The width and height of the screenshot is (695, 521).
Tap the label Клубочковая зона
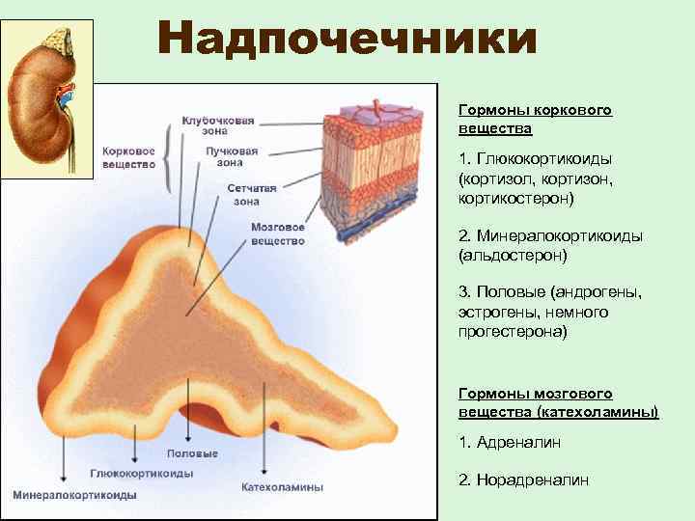(x=218, y=126)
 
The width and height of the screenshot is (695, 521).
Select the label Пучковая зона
(x=232, y=157)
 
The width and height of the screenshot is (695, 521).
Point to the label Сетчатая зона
(x=252, y=195)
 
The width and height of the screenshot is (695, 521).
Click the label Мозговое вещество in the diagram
(x=278, y=233)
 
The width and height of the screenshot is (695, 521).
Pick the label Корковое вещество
(x=128, y=158)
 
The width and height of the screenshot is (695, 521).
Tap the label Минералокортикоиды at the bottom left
(x=74, y=495)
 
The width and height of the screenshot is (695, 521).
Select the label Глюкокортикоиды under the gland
(x=142, y=474)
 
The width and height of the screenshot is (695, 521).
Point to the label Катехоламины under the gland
(x=282, y=487)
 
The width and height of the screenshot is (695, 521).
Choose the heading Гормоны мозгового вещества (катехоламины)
(x=558, y=403)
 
